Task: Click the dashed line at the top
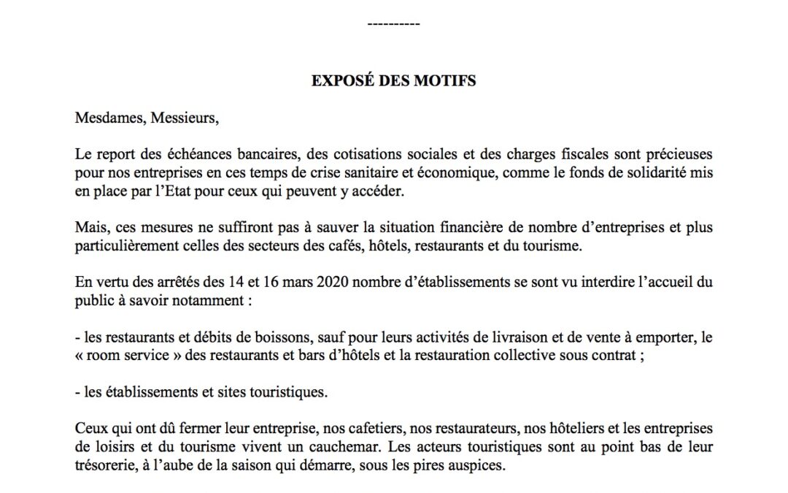[x=393, y=25]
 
